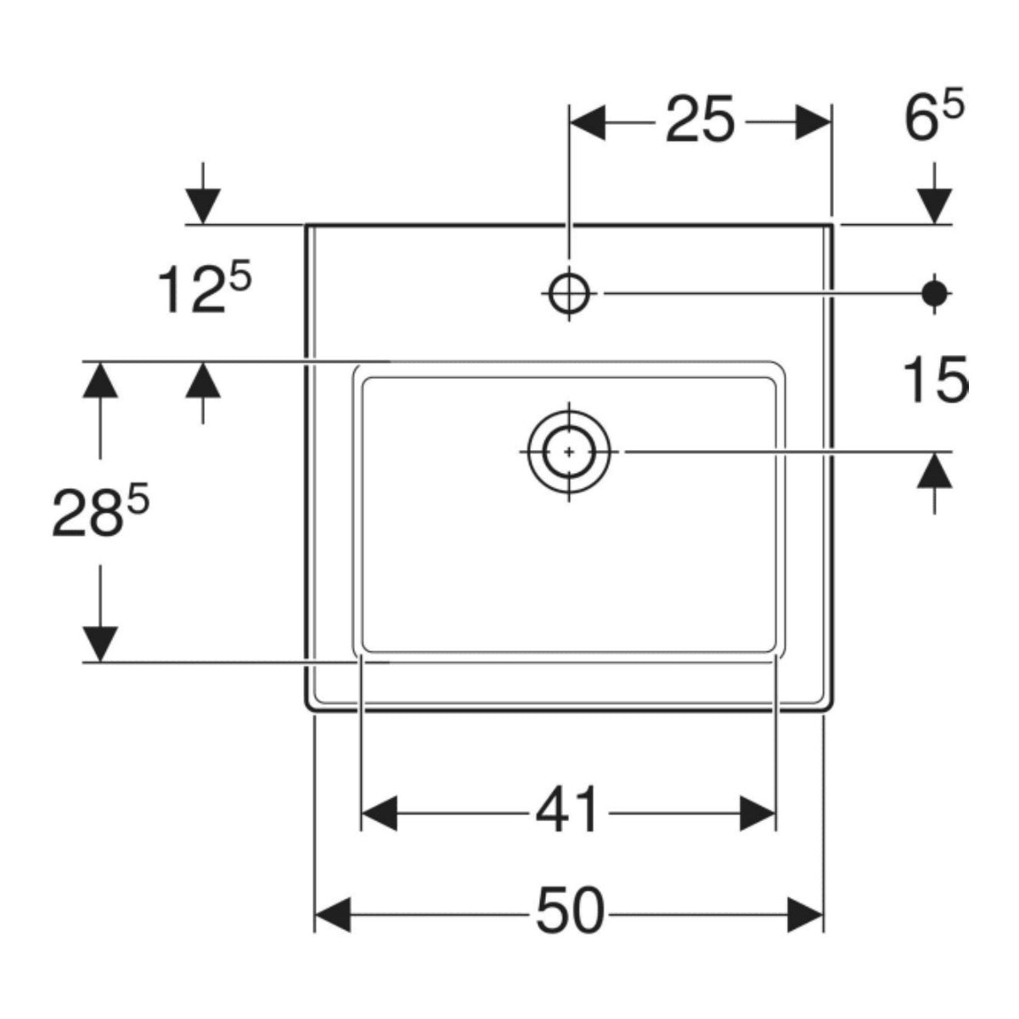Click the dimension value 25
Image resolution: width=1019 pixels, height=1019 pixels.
(700, 120)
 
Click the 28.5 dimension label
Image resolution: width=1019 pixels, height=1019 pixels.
(100, 511)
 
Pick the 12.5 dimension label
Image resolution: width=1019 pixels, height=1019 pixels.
(204, 289)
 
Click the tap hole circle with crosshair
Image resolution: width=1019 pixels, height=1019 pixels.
(569, 294)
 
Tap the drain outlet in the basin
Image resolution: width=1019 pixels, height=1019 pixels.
(569, 452)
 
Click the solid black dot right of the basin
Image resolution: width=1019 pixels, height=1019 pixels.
(934, 294)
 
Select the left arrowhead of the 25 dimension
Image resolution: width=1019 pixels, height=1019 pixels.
(588, 122)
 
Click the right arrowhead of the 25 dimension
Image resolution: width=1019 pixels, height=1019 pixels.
(814, 122)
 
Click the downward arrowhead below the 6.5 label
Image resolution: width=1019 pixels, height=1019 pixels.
(934, 206)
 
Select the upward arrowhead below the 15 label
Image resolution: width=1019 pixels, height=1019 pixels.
(934, 470)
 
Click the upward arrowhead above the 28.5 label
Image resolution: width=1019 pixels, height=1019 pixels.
(100, 380)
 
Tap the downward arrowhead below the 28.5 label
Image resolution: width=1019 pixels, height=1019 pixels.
(100, 644)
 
